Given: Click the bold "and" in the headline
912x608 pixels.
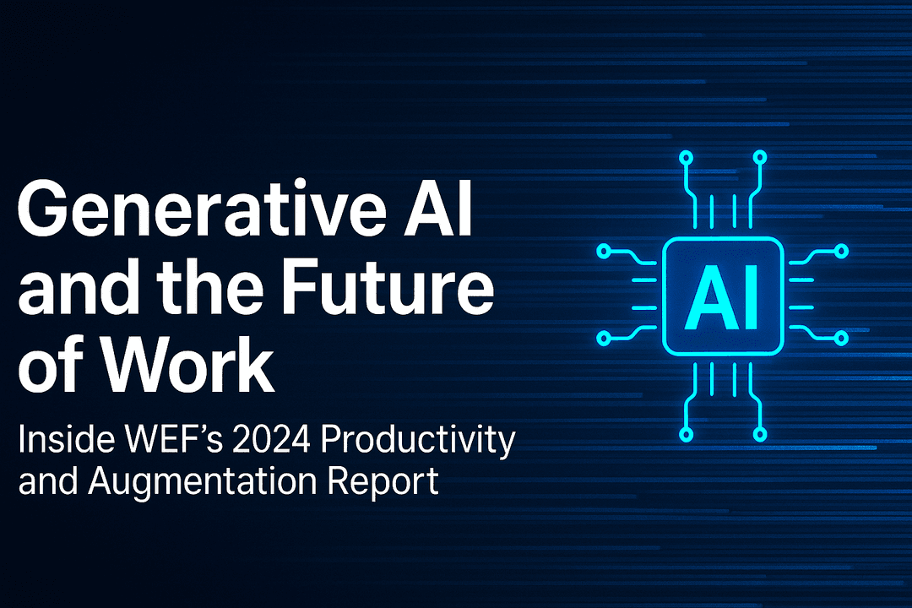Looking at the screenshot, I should point(72,289).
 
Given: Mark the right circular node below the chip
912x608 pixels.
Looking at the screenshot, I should point(759,434).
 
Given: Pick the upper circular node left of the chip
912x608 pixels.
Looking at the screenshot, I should point(604,252).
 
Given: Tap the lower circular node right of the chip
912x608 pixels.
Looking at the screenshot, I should point(840,339).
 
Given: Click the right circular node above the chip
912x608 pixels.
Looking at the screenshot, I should point(759,157).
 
